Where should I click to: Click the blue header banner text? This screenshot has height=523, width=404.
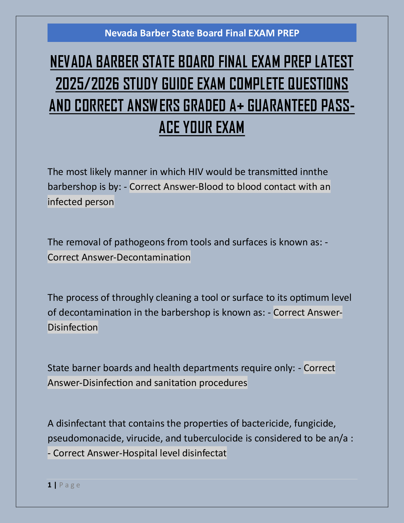click(202, 33)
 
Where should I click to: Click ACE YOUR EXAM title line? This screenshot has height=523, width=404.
click(202, 127)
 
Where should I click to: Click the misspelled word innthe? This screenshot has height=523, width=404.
click(314, 172)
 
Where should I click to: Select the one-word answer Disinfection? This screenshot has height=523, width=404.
click(73, 328)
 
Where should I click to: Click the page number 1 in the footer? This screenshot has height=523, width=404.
click(50, 485)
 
